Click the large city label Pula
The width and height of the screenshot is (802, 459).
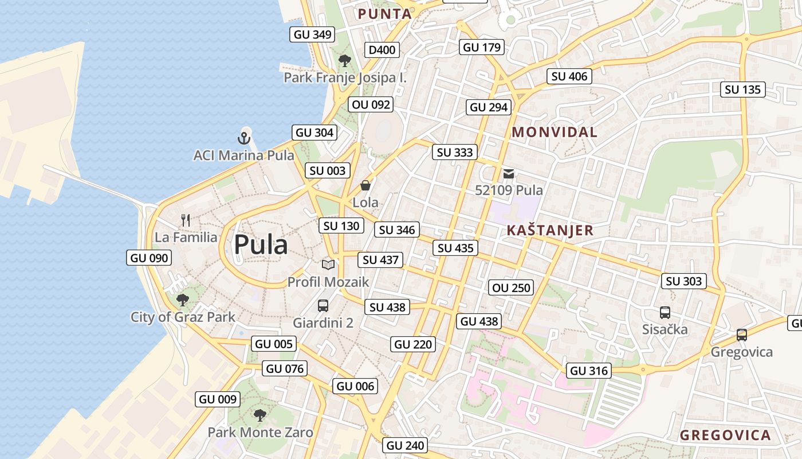point(261,244)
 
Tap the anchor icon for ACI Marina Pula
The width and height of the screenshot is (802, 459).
point(244,138)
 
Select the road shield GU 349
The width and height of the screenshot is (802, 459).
point(313,34)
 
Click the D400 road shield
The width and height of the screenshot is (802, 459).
point(382,50)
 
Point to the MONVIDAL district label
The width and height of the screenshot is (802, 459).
point(555,132)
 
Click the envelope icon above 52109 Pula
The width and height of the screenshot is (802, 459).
point(509,174)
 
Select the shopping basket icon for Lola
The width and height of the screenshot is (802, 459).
point(365,185)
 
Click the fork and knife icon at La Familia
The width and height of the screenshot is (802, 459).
point(185,220)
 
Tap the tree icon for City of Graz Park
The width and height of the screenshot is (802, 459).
point(183,299)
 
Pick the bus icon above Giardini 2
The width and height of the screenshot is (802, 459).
point(323,305)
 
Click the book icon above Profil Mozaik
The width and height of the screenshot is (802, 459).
point(328,264)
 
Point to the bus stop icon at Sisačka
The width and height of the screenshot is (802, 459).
point(665,313)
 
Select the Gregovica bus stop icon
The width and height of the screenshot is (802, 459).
point(742,335)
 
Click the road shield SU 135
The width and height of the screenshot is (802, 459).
point(742,90)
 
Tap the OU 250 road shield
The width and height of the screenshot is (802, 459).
point(512,288)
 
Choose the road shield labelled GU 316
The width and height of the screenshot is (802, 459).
point(589,371)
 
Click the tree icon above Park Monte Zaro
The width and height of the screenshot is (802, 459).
point(260,415)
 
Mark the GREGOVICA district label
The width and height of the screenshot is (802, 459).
point(725,435)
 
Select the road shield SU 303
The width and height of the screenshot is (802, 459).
point(684,281)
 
